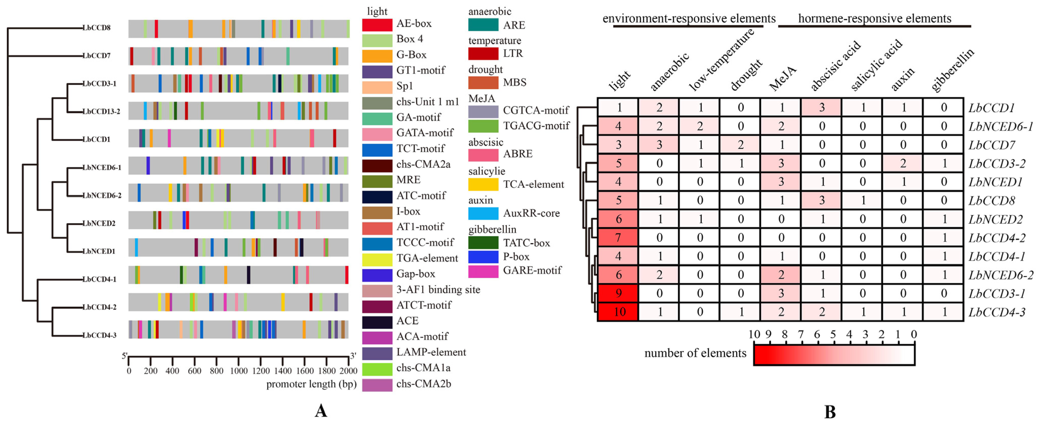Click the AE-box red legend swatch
coord(377,25)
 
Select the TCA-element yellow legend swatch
coord(483,184)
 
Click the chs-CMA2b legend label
coord(424,384)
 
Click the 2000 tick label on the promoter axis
coord(348,371)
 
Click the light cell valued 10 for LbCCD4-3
coord(618,312)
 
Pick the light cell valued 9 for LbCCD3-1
coord(618,293)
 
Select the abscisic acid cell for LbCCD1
coord(821,108)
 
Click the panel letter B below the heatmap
coord(829,412)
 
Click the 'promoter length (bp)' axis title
coord(311,384)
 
